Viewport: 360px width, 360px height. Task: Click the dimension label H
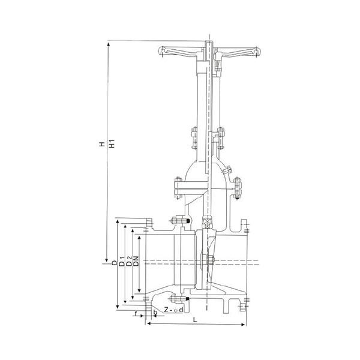click(102, 145)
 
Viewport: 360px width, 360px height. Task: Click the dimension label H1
click(112, 143)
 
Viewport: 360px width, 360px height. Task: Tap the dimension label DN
click(136, 261)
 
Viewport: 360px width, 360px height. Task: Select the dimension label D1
click(122, 262)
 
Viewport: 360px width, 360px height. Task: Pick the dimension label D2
click(130, 262)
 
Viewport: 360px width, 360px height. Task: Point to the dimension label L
click(195, 320)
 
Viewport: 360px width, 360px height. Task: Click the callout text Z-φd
click(174, 310)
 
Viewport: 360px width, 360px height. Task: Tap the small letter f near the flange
click(136, 313)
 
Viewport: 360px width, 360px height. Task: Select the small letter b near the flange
click(155, 313)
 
